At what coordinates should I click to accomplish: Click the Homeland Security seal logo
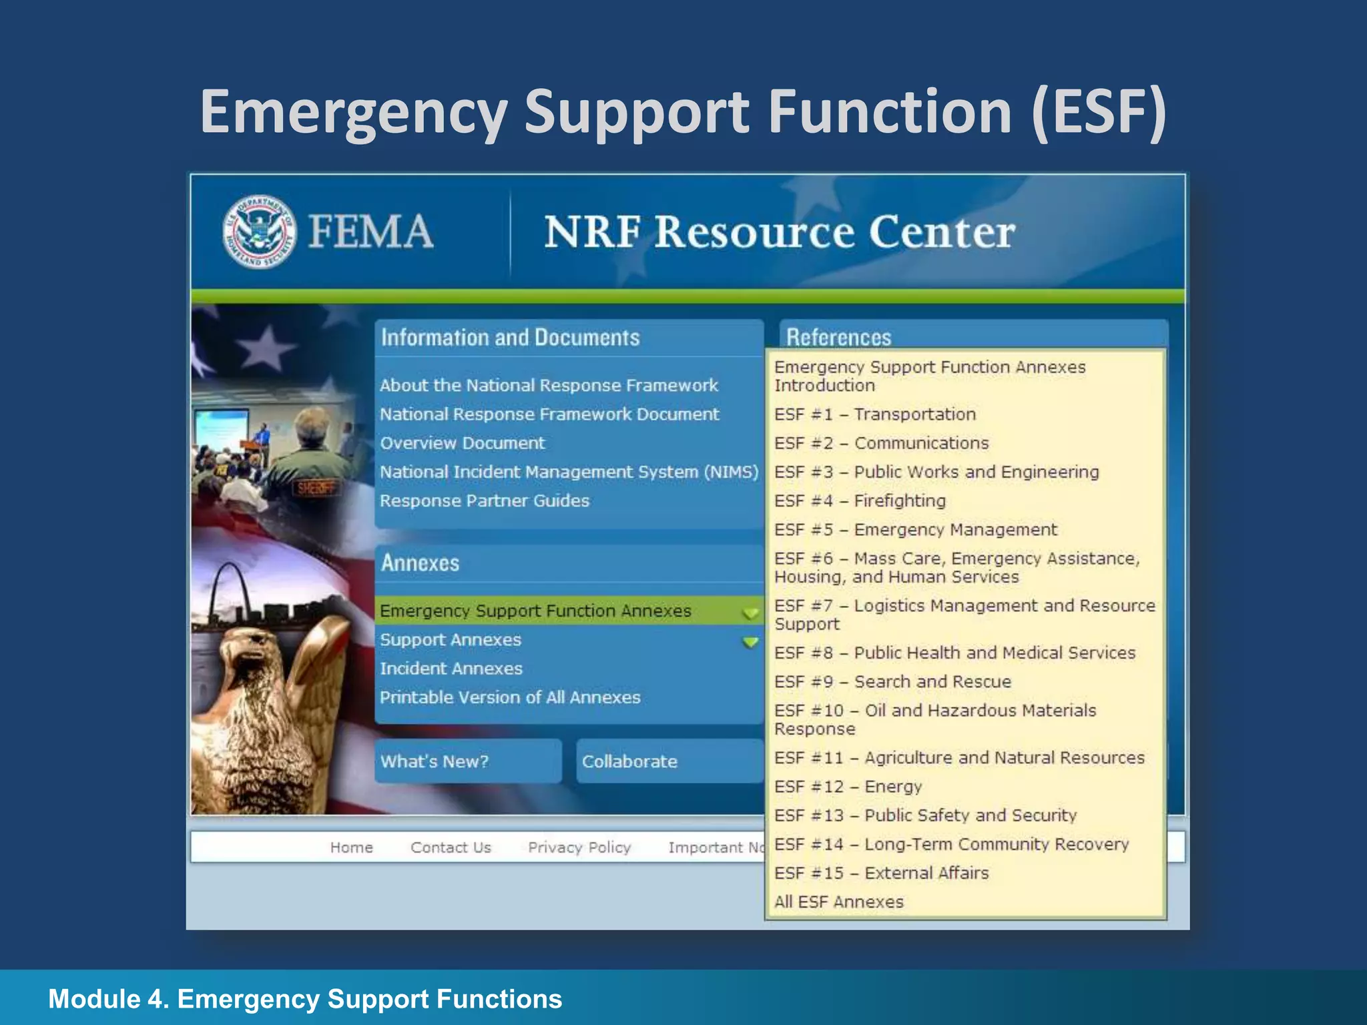pyautogui.click(x=259, y=232)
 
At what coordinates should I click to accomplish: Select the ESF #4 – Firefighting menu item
pyautogui.click(x=860, y=501)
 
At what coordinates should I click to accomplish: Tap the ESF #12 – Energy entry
pyautogui.click(x=848, y=787)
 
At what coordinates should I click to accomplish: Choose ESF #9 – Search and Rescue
pyautogui.click(x=892, y=682)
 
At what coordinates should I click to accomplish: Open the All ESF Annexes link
pyautogui.click(x=838, y=902)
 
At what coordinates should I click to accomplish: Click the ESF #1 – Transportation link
pyautogui.click(x=874, y=414)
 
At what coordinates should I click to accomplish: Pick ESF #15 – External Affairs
pyautogui.click(x=881, y=874)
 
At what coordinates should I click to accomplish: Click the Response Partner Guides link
pyautogui.click(x=485, y=501)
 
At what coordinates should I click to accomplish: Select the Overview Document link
pyautogui.click(x=462, y=443)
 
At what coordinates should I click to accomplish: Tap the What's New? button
pyautogui.click(x=435, y=761)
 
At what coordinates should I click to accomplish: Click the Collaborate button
pyautogui.click(x=629, y=761)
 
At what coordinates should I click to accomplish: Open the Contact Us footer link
pyautogui.click(x=451, y=847)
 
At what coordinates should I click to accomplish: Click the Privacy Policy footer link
pyautogui.click(x=579, y=847)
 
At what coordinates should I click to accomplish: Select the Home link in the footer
pyautogui.click(x=351, y=847)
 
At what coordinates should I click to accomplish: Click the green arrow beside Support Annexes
pyautogui.click(x=751, y=642)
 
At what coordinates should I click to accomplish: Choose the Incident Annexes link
pyautogui.click(x=451, y=669)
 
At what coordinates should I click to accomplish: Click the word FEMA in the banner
pyautogui.click(x=370, y=232)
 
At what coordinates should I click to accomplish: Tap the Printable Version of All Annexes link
pyautogui.click(x=510, y=697)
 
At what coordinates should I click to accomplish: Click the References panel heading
pyautogui.click(x=838, y=337)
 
